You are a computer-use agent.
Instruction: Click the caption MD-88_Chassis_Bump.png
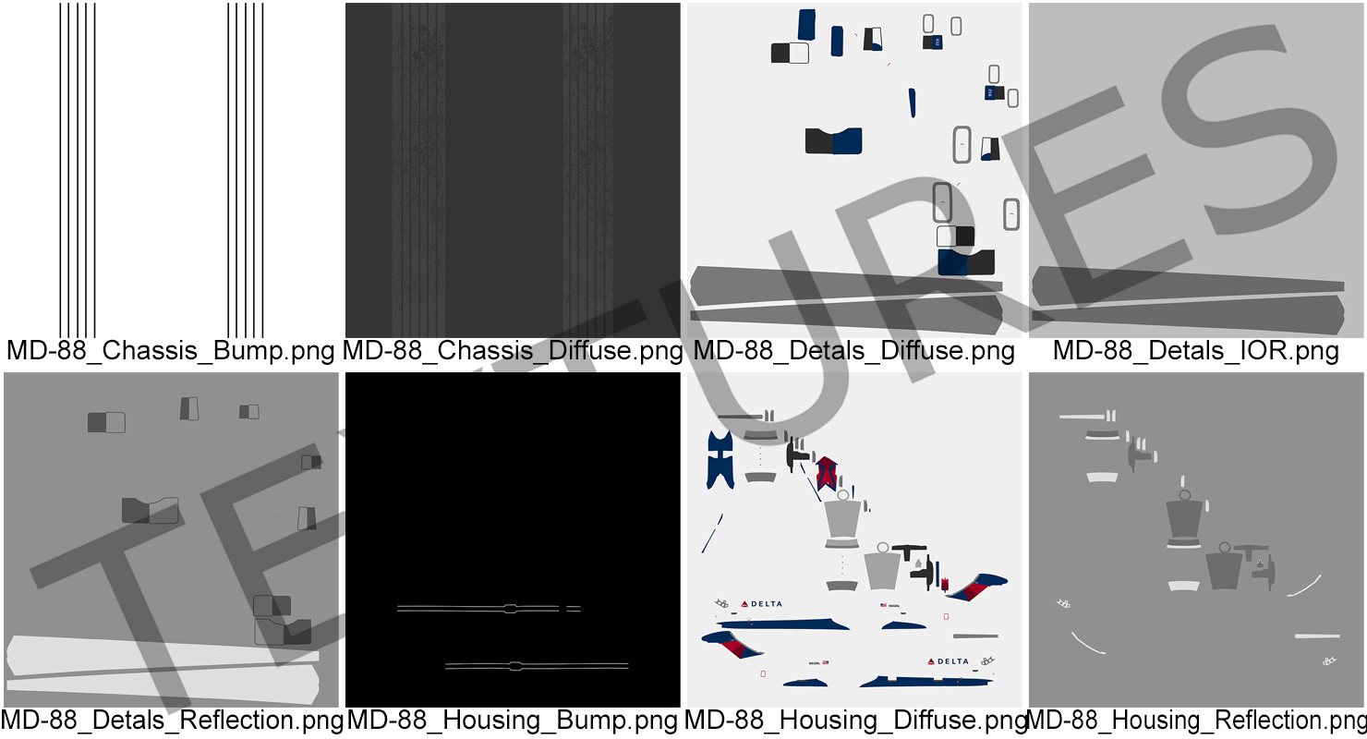tap(170, 351)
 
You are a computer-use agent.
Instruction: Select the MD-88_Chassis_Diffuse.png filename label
tap(513, 351)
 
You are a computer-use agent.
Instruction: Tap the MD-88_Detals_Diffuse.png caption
tap(853, 351)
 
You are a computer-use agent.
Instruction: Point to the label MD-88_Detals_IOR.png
tap(1195, 351)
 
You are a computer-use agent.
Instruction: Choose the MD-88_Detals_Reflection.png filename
tap(172, 720)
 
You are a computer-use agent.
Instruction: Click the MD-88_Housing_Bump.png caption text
tap(513, 720)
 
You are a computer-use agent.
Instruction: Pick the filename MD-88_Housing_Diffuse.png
tap(855, 720)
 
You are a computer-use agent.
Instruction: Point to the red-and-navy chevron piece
tap(826, 474)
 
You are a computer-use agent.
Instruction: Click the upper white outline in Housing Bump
tap(490, 608)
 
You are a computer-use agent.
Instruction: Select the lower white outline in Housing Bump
tap(537, 665)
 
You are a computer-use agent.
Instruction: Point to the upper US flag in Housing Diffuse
tap(884, 606)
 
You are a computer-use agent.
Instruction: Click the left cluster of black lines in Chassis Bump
tap(78, 171)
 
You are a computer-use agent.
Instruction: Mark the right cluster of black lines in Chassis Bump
tap(246, 171)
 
